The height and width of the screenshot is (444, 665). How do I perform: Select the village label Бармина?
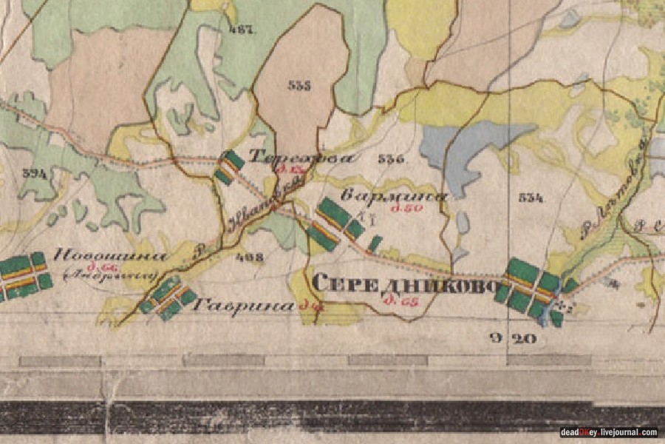(x=395, y=197)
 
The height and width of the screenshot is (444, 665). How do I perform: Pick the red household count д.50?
(x=406, y=209)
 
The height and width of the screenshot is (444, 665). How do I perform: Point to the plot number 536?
(x=390, y=158)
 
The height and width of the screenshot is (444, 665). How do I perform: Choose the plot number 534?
(x=531, y=198)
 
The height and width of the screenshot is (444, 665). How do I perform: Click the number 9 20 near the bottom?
(x=512, y=339)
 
